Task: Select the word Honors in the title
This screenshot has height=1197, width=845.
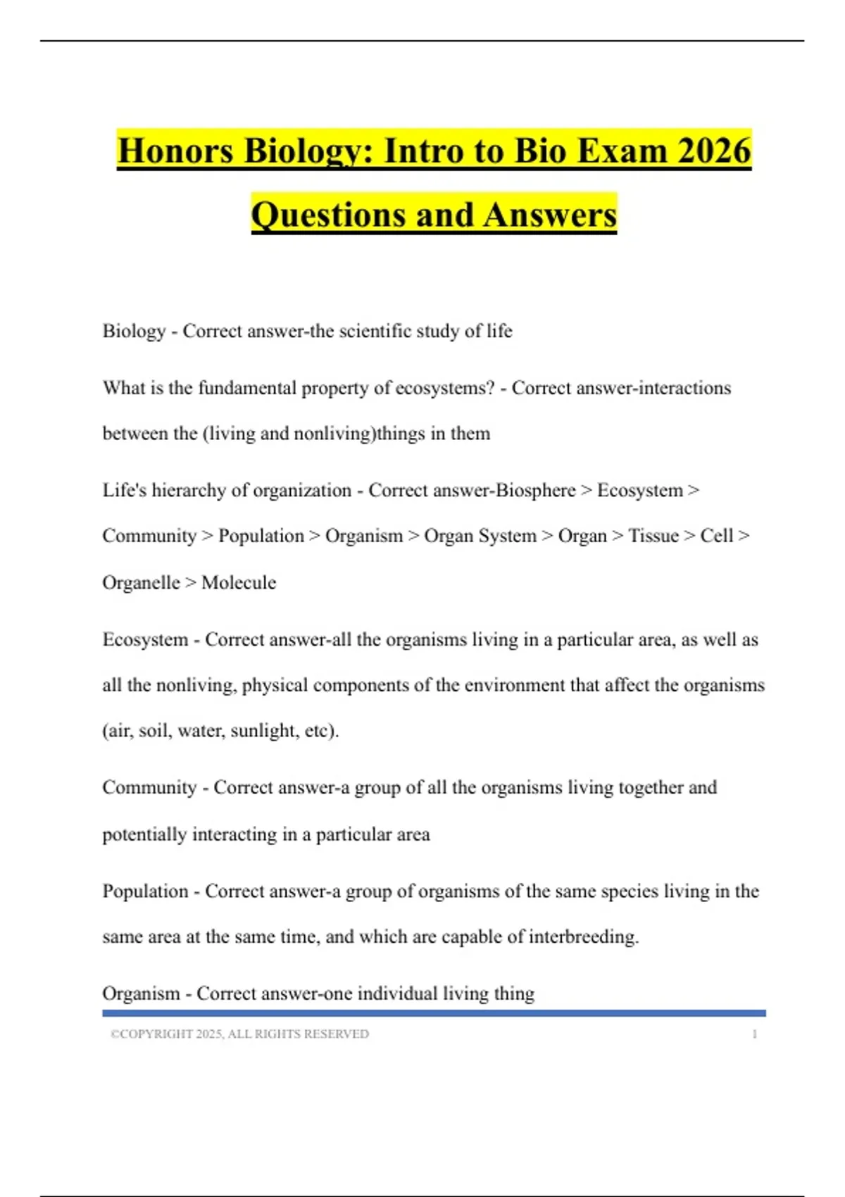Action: coord(175,151)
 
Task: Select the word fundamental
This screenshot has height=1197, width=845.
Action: coord(247,388)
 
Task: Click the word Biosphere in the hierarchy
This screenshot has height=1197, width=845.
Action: coord(535,490)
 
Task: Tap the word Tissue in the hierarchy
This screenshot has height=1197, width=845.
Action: coord(653,536)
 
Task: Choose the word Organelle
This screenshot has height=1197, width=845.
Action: coord(141,582)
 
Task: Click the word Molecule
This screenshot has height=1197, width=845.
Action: coord(239,582)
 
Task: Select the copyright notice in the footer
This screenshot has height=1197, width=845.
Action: coord(239,1034)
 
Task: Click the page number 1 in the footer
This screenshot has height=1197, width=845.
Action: coord(755,1034)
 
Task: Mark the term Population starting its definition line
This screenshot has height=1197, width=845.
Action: coord(145,891)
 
